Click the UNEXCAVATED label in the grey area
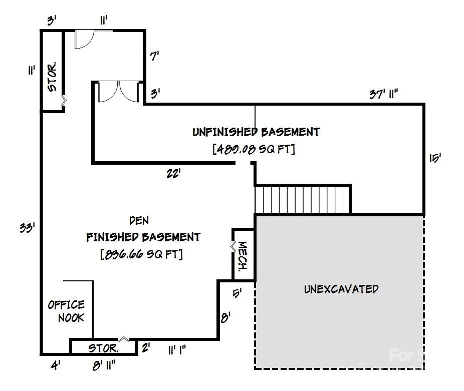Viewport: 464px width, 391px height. click(x=341, y=289)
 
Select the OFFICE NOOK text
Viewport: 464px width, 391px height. click(x=66, y=311)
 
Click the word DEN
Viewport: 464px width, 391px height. click(x=139, y=220)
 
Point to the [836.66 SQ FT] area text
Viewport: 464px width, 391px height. click(x=142, y=254)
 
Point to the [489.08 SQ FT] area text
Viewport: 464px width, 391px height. click(x=254, y=149)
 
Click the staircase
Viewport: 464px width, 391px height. click(x=302, y=199)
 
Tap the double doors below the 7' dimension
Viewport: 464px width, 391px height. click(x=119, y=92)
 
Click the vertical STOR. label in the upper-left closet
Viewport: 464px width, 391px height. click(x=52, y=77)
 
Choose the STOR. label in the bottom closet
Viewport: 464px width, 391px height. click(x=103, y=348)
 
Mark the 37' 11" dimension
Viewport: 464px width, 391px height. click(x=384, y=94)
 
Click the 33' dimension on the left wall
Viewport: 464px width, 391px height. click(x=27, y=228)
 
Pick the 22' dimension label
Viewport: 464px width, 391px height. click(x=173, y=174)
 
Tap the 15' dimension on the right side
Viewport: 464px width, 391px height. click(x=434, y=158)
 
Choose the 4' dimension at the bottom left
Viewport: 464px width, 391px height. click(x=55, y=366)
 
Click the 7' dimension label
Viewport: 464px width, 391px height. click(x=155, y=57)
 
